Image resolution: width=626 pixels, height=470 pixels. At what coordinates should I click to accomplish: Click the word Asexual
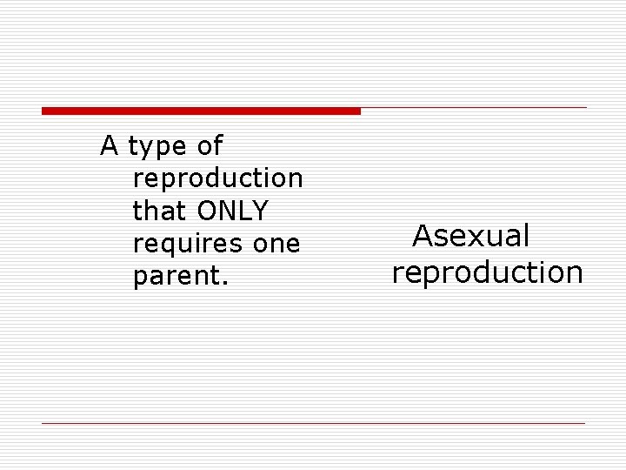pyautogui.click(x=470, y=236)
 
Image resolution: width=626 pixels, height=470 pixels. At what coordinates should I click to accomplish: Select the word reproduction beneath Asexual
pyautogui.click(x=487, y=272)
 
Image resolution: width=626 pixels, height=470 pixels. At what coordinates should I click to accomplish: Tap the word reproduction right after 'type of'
pyautogui.click(x=217, y=178)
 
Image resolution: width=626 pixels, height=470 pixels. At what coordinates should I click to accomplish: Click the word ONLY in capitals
pyautogui.click(x=233, y=211)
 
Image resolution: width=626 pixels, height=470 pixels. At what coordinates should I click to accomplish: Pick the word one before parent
pyautogui.click(x=276, y=245)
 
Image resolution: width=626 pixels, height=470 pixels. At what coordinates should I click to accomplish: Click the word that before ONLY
pyautogui.click(x=162, y=211)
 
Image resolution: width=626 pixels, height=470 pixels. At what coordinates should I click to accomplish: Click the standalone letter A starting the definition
pyautogui.click(x=110, y=145)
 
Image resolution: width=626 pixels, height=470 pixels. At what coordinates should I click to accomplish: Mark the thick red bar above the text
pyautogui.click(x=201, y=111)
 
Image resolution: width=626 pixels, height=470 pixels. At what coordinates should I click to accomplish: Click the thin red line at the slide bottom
pyautogui.click(x=313, y=423)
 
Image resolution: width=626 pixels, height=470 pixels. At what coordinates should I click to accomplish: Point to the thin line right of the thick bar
pyautogui.click(x=474, y=108)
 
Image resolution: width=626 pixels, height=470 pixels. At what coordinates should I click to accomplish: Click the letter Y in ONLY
pyautogui.click(x=260, y=211)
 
